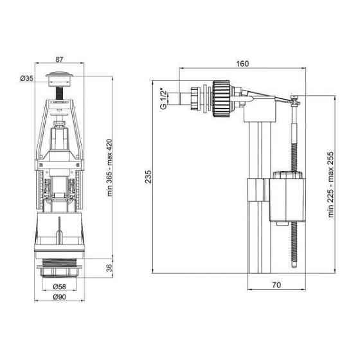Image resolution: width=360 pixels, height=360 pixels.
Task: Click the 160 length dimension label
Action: coord(242,63)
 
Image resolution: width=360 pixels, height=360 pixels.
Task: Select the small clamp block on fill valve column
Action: coord(256,190)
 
